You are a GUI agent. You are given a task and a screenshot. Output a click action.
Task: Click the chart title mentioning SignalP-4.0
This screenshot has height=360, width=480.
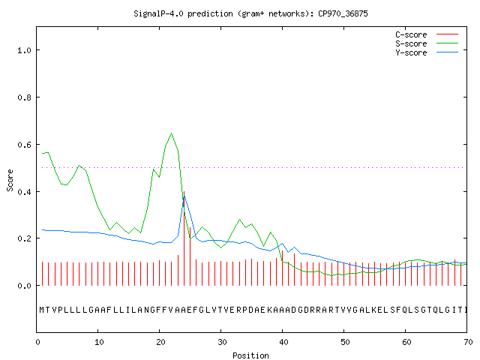(250, 13)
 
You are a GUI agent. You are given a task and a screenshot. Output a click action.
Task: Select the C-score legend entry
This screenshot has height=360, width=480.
(427, 34)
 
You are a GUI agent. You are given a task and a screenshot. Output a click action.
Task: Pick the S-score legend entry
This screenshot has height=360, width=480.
(427, 43)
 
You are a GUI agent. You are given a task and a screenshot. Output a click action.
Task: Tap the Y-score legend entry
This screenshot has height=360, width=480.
(427, 52)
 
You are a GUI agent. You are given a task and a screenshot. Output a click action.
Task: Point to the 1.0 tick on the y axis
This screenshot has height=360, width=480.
(24, 50)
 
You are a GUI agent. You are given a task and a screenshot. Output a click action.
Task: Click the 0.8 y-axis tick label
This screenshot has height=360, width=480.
(24, 97)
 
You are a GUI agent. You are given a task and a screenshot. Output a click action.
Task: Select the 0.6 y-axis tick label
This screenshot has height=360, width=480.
(24, 145)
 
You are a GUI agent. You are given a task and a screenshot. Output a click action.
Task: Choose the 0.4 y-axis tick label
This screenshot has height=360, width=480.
(24, 192)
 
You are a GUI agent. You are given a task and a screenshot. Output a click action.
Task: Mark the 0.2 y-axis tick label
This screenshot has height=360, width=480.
(24, 238)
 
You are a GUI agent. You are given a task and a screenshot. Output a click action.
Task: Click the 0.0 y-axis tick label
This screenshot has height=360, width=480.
(24, 286)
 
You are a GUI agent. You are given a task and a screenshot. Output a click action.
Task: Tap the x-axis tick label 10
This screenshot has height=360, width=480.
(99, 342)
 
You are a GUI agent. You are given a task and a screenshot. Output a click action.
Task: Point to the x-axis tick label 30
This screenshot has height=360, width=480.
(222, 342)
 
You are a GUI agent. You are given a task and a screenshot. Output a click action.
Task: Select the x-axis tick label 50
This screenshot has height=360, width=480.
(345, 342)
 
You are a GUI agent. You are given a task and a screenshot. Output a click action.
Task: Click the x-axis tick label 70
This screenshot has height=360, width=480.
(468, 342)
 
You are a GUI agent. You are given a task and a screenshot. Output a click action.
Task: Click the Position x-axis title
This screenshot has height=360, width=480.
(250, 355)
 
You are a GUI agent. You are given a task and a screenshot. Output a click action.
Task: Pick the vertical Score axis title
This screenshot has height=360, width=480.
(10, 180)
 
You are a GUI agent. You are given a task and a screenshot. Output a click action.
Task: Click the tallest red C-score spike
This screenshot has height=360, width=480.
(184, 238)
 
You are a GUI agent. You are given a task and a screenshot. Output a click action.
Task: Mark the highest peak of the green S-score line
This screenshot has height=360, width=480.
(172, 133)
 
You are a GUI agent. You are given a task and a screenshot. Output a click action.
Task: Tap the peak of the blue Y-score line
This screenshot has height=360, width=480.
(184, 196)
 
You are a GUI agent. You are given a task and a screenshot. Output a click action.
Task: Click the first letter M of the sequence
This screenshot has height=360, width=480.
(42, 310)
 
